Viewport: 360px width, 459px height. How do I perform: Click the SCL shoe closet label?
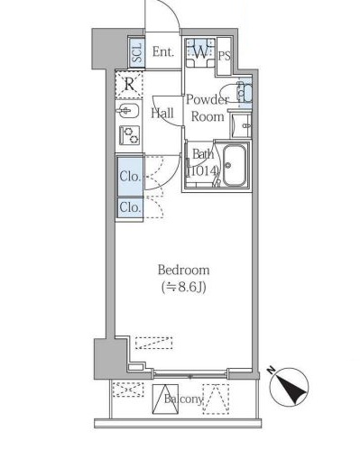(x=137, y=53)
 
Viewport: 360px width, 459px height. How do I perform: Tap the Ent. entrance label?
(x=163, y=52)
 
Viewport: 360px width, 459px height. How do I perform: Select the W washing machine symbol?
(x=200, y=52)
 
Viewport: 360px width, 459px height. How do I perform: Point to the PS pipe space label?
(x=225, y=56)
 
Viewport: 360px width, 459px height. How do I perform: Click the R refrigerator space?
(x=129, y=85)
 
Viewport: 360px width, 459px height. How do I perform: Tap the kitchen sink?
(x=127, y=112)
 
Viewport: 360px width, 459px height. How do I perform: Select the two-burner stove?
(x=130, y=135)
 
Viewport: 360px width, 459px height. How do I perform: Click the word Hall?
(x=162, y=114)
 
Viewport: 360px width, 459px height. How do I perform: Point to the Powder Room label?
(x=208, y=108)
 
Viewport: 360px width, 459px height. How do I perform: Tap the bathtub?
(x=235, y=166)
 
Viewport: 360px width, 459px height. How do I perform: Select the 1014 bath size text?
(x=202, y=171)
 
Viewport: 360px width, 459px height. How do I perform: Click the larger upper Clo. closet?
(x=130, y=176)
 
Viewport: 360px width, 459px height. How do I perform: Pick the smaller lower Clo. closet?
(x=130, y=207)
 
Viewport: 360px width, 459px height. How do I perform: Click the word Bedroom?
(x=183, y=270)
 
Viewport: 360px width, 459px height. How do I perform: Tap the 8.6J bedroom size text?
(x=184, y=288)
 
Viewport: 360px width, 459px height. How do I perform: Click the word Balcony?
(x=183, y=399)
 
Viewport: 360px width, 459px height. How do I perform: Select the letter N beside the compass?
(x=272, y=369)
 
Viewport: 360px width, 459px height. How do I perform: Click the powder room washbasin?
(x=241, y=126)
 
